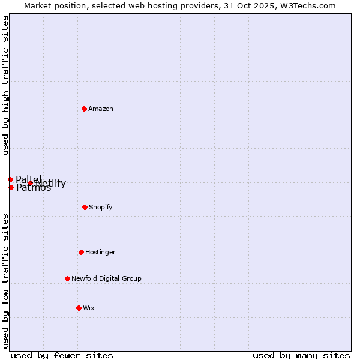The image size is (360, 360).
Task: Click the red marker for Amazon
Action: (85, 109)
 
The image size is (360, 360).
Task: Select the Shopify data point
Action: (85, 207)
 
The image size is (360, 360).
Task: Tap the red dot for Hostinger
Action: (81, 252)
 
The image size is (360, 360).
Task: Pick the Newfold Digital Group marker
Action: (67, 278)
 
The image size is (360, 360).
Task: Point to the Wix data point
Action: (79, 308)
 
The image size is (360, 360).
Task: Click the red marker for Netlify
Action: (30, 184)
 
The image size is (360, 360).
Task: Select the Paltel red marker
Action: (10, 179)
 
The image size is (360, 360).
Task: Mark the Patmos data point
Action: (11, 187)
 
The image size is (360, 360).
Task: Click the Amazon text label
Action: (101, 109)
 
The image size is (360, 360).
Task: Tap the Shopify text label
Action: (101, 207)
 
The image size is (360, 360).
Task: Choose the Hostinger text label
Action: (100, 252)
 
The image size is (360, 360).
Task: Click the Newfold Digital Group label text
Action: (106, 278)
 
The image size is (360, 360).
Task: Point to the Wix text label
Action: (89, 308)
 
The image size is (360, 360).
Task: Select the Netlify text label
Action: (52, 184)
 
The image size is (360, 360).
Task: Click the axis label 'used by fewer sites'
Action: (62, 355)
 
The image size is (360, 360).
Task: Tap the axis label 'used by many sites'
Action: (301, 355)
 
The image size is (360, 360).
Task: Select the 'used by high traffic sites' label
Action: (6, 85)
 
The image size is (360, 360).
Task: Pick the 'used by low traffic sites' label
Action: (6, 281)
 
